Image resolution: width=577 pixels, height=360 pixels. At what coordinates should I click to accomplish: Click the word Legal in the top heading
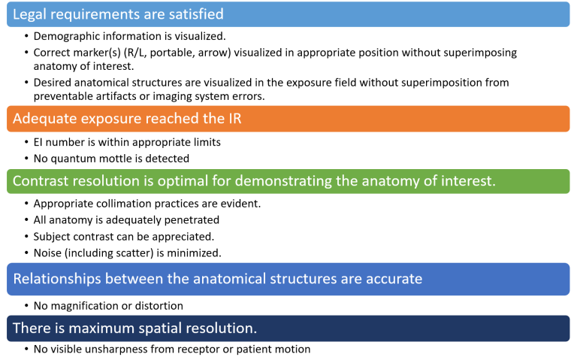click(x=29, y=14)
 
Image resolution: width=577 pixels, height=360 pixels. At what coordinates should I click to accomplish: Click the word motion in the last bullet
click(x=292, y=349)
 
